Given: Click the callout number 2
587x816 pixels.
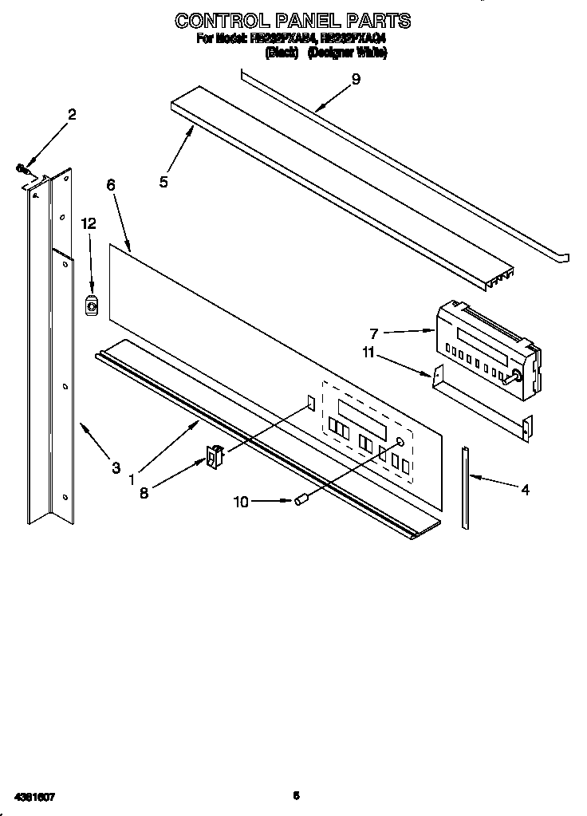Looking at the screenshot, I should (x=72, y=115).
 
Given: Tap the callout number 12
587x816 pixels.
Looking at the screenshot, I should (x=89, y=224).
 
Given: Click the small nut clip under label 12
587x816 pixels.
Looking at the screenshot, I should (x=92, y=304).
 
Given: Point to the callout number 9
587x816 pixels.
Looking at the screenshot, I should (x=356, y=78).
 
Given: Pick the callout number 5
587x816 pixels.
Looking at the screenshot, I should (x=163, y=182).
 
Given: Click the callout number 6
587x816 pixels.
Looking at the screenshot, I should (x=110, y=184).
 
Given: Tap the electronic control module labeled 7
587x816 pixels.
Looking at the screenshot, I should (x=484, y=349).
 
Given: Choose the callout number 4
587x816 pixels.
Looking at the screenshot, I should (x=525, y=490).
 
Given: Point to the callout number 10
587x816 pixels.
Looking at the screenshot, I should (x=241, y=501).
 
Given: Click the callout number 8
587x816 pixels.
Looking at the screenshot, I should (x=144, y=493).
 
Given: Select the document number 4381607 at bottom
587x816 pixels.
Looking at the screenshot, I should (x=37, y=796).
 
